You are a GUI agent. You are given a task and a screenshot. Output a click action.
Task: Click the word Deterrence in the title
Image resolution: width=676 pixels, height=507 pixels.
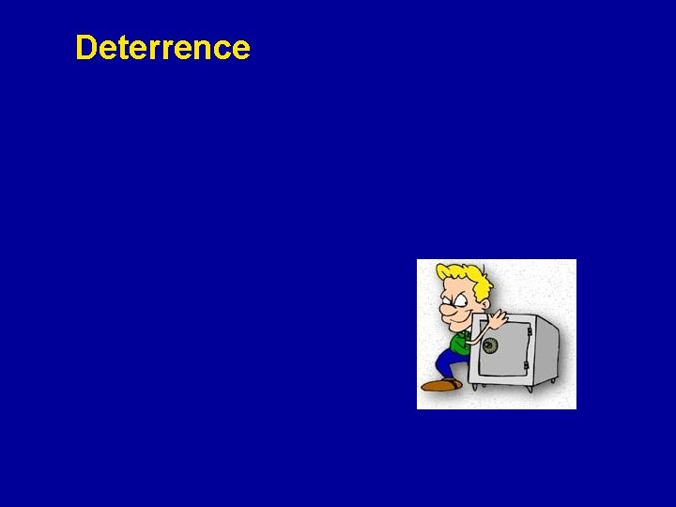tap(162, 47)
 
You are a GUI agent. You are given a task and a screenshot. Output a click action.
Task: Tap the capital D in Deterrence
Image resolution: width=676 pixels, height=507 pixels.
tap(86, 47)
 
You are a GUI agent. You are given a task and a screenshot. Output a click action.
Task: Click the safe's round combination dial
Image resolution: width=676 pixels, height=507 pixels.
tap(489, 345)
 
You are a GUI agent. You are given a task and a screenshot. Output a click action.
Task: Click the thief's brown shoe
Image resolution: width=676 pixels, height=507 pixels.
tap(440, 384)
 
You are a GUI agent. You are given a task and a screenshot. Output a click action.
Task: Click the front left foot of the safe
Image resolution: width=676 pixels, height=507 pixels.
tap(475, 386)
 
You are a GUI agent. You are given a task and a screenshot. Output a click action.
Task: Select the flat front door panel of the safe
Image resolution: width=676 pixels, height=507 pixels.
tap(507, 352)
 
